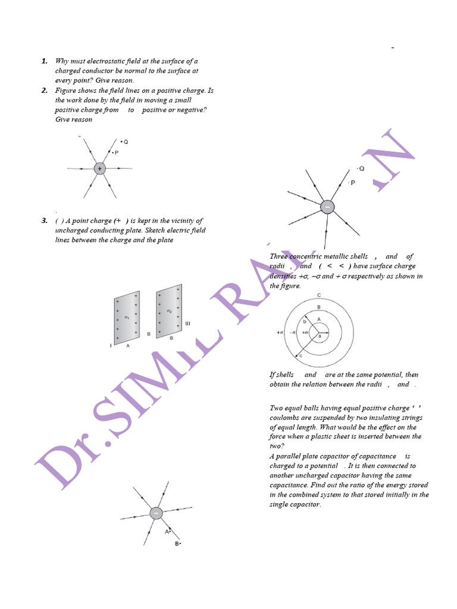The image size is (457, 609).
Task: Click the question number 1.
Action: pos(45,61)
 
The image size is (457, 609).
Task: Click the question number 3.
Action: pos(45,221)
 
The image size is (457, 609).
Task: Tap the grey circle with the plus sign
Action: pos(99,169)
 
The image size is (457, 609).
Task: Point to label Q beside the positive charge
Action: pos(126,142)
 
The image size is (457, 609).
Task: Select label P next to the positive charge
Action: pos(116,153)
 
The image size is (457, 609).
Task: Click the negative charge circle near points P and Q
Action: pos(327,207)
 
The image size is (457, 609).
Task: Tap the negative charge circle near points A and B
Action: pos(155,513)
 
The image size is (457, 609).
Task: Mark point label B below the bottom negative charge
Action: pos(177,544)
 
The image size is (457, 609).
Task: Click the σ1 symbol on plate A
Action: pos(126,318)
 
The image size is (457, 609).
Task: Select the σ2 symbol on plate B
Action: pos(169,310)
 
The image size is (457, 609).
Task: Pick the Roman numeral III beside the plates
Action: pos(187,324)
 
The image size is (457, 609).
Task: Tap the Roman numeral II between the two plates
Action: pos(148,334)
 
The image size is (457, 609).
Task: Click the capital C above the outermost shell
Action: pos(319,296)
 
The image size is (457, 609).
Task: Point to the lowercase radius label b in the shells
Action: pos(305,322)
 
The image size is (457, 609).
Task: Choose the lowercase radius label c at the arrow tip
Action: pos(301,355)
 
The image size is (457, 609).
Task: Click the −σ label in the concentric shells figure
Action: pos(293,332)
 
